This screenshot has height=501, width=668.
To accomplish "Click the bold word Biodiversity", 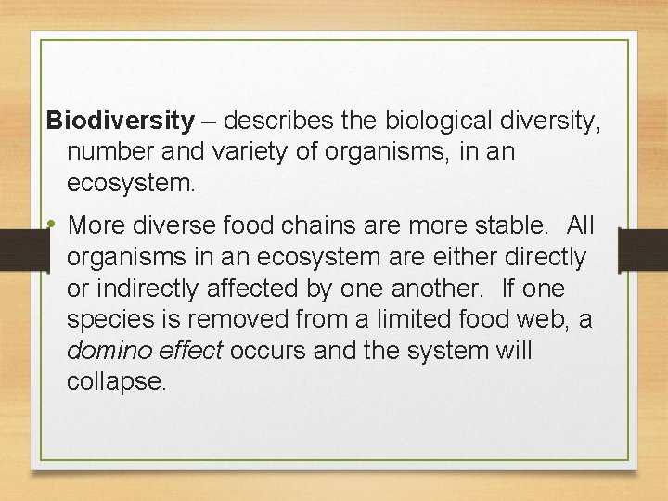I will point(121,121).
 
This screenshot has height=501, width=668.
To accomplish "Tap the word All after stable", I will point(580,225).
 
